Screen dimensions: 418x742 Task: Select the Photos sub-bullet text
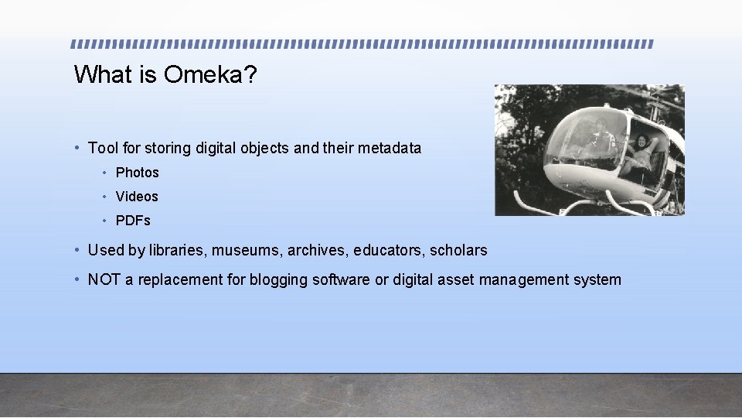tap(137, 173)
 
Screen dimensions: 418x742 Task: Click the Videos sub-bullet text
tap(137, 197)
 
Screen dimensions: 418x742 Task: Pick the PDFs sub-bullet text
tap(133, 221)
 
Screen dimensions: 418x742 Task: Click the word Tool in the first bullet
tap(103, 148)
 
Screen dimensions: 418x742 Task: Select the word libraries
tap(174, 250)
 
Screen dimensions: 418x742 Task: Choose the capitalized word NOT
tap(104, 279)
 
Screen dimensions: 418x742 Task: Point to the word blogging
tap(278, 280)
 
